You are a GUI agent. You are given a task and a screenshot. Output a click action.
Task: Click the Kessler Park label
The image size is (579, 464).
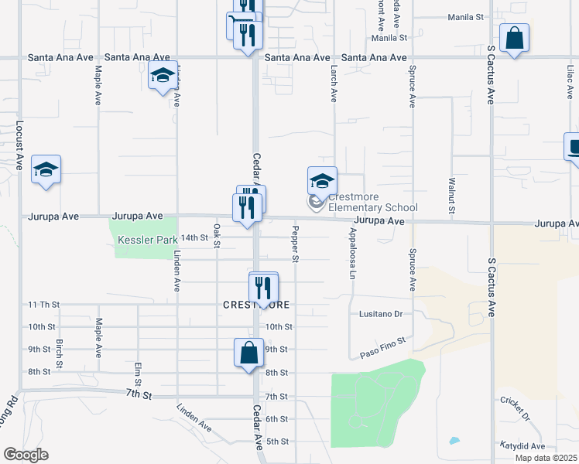[147, 241]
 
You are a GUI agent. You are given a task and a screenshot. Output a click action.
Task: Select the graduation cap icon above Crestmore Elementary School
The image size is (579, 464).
[322, 181]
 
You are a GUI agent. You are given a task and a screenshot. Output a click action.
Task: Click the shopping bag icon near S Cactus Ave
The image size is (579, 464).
[514, 38]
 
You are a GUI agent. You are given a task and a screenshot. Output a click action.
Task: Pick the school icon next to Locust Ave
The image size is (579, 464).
[46, 169]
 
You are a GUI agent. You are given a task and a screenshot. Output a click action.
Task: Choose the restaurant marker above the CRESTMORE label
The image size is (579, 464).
[263, 288]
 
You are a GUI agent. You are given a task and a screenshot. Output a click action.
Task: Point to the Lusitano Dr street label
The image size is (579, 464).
[382, 314]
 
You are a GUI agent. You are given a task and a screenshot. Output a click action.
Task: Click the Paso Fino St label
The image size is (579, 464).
[382, 345]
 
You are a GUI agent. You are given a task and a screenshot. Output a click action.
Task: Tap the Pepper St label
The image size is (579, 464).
[295, 243]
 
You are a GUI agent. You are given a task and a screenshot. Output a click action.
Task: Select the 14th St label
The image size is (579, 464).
[194, 237]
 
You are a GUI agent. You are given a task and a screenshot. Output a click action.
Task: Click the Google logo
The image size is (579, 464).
[26, 455]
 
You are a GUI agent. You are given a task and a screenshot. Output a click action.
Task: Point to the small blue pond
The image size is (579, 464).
[454, 442]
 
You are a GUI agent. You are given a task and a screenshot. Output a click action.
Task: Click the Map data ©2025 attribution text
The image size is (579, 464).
[546, 458]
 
